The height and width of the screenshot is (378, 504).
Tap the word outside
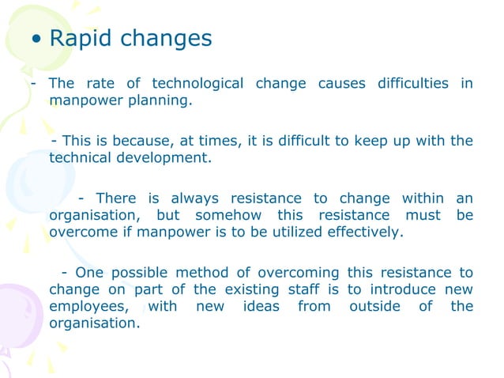[374, 306]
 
